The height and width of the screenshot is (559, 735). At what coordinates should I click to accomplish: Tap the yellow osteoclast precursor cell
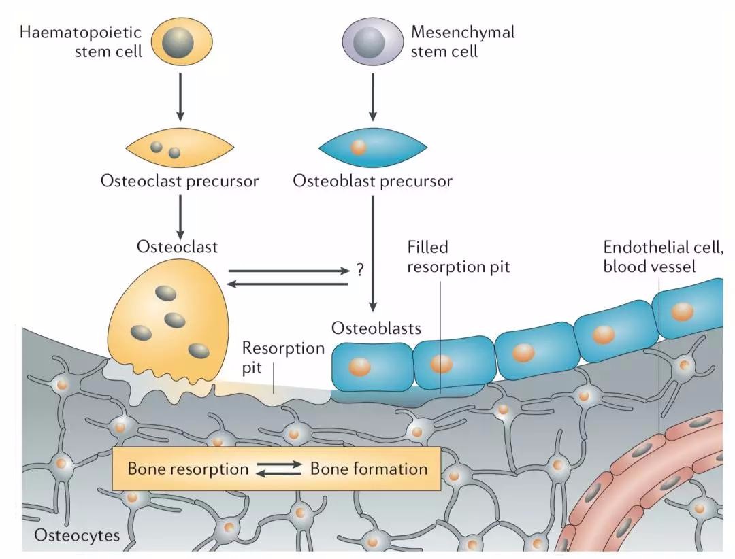(180, 149)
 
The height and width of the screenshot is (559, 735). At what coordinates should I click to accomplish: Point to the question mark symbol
(360, 270)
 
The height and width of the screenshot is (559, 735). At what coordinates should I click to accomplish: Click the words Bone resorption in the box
(187, 469)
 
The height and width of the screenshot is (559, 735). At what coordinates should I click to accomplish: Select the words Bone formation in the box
(369, 469)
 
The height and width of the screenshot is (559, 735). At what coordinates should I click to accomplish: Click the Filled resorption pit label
(458, 256)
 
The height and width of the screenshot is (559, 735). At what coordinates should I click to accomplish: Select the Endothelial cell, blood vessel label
(663, 256)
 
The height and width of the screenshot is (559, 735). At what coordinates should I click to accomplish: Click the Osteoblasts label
(376, 328)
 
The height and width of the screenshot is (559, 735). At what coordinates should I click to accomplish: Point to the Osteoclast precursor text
(180, 182)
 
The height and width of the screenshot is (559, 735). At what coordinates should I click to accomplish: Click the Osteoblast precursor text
(372, 182)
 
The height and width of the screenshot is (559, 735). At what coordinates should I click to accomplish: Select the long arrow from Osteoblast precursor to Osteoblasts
(373, 252)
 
